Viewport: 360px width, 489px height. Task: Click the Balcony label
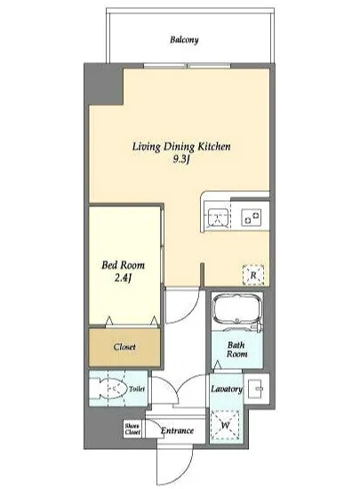[184, 40]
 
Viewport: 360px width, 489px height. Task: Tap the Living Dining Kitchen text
[181, 147]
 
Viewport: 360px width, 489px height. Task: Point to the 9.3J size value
[181, 159]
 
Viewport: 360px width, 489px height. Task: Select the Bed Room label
[124, 266]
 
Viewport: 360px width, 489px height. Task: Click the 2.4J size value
[123, 277]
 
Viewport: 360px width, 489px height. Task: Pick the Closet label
[124, 347]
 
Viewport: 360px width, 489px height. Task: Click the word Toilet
[137, 389]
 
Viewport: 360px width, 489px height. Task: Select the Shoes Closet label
[132, 429]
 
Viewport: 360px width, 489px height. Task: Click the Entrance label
[177, 431]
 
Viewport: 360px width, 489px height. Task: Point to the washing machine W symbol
[226, 425]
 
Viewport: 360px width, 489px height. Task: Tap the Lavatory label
[227, 389]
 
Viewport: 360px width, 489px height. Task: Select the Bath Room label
[236, 349]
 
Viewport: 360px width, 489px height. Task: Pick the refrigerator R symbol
[253, 276]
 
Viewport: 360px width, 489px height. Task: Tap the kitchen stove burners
[252, 217]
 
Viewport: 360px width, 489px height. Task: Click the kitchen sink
[217, 217]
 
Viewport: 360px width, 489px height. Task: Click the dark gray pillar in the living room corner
[105, 84]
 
